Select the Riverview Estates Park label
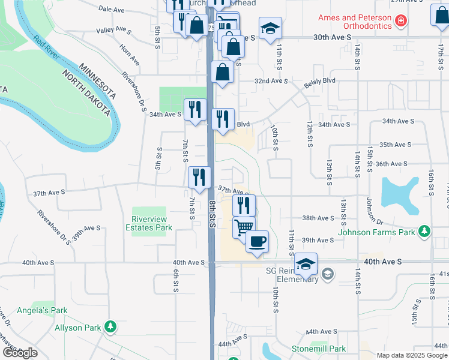(x=152, y=223)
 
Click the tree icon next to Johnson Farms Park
(x=424, y=231)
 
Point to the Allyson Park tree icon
(x=110, y=327)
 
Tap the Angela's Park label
(x=50, y=310)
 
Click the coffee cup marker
(x=257, y=242)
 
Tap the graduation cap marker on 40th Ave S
(x=306, y=264)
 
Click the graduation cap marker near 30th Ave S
(x=270, y=28)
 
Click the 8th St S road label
(x=212, y=214)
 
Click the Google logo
(x=19, y=353)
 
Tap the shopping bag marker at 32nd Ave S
(x=222, y=72)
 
